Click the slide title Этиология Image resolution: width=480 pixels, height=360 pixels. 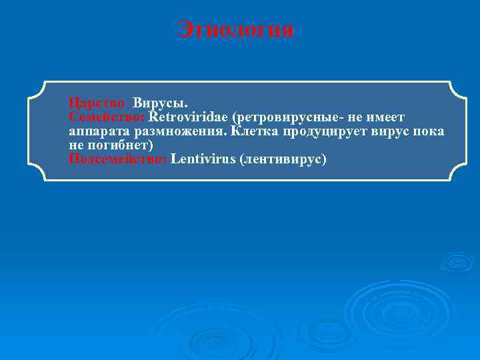coord(235,30)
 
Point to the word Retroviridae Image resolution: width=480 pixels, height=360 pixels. coord(187,117)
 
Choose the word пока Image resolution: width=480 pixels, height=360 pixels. coord(431,131)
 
